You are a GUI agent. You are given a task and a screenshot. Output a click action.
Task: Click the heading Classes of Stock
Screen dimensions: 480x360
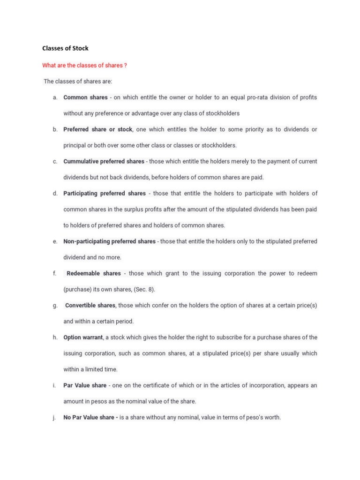pos(66,48)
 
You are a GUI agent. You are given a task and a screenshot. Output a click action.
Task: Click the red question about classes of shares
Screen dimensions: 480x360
pos(84,66)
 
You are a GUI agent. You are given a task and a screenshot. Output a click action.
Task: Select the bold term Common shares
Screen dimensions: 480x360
pos(85,97)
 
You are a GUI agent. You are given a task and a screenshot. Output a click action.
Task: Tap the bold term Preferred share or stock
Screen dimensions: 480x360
pos(98,129)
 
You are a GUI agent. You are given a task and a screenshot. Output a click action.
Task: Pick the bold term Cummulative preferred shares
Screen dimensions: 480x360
pos(104,161)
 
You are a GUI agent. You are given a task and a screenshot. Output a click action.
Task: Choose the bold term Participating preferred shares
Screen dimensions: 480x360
pos(105,193)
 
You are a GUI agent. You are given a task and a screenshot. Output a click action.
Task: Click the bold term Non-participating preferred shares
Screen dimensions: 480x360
pos(109,241)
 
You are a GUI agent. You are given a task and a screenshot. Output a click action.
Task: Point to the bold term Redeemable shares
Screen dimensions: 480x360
pos(94,273)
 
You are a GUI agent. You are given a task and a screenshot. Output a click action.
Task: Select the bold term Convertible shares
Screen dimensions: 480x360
pos(90,305)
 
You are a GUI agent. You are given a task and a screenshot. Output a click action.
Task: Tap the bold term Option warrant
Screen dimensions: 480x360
pos(83,337)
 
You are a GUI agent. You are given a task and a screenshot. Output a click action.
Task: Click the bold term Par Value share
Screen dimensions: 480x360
pos(85,385)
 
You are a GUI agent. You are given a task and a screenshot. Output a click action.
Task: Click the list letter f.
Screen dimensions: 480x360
pos(54,273)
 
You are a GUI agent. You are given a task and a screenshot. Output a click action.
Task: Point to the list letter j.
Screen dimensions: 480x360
pos(55,417)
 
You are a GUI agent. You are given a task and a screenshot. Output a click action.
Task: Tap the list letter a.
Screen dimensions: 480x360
pos(55,97)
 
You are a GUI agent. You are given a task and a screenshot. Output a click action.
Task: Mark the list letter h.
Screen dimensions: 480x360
pos(55,337)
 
